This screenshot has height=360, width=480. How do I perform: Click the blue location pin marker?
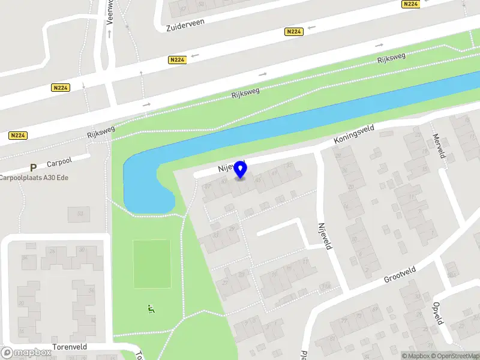point(241,169)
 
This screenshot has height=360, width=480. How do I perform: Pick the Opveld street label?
point(439,313)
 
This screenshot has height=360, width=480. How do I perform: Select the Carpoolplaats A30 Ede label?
point(34,177)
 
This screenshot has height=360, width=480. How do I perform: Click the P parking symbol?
point(34,168)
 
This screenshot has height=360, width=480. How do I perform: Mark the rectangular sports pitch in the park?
point(151,264)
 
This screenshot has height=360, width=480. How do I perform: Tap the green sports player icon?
point(151,310)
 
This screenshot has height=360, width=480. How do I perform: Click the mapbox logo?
point(26,353)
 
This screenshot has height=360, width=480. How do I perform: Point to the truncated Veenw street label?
point(109,11)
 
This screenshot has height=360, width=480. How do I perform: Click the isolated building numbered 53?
point(79,213)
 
